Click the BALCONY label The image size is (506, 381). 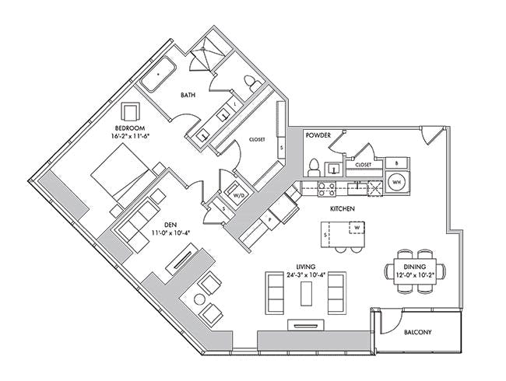417,332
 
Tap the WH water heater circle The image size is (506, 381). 396,182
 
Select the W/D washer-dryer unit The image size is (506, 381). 238,193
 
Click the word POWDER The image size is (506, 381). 318,135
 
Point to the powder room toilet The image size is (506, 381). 314,168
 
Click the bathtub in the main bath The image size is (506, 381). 159,75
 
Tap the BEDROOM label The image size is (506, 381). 130,128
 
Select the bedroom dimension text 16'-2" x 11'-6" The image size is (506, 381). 130,136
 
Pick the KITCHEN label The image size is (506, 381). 342,209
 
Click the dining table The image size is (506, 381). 415,271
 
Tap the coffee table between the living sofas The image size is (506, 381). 306,293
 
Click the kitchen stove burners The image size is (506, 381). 327,189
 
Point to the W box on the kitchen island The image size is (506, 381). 357,228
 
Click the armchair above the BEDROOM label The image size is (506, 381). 131,111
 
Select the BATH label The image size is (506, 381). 188,95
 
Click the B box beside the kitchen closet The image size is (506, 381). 398,163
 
